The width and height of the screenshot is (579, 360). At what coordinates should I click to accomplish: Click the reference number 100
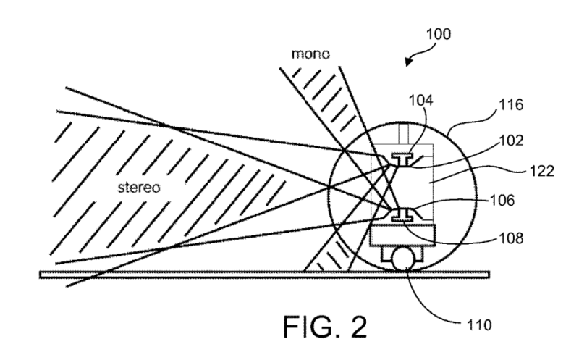pos(439,34)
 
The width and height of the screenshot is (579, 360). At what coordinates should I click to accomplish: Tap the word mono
pos(310,54)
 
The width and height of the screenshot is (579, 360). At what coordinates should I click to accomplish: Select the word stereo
pos(139,188)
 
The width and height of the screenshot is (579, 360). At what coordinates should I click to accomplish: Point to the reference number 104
pos(420,100)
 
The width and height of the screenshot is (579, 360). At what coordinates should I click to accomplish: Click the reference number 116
pos(511,105)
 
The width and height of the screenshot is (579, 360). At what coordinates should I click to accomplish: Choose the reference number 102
pos(511,141)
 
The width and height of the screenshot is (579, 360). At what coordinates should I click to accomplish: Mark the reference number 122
pos(541,171)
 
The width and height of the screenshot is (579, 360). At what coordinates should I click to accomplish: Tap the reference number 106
pos(502,201)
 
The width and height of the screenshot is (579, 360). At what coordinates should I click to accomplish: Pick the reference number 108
pos(511,238)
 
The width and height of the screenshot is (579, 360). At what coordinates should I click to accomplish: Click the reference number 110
pos(479,325)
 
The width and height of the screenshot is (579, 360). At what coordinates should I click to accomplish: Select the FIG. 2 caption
pos(325,327)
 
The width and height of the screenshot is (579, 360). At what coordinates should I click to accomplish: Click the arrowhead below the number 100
pos(408,62)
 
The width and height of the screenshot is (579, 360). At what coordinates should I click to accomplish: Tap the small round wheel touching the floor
pos(403,260)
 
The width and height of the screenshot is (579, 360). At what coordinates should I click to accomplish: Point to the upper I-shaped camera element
pos(402,159)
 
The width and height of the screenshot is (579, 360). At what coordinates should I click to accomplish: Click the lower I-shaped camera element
pos(402,214)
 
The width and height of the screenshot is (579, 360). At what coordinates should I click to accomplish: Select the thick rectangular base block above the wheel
pos(402,235)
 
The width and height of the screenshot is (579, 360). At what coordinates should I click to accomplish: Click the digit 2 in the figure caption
pos(356,327)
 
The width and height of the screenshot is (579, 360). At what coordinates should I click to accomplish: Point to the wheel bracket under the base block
pos(402,254)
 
